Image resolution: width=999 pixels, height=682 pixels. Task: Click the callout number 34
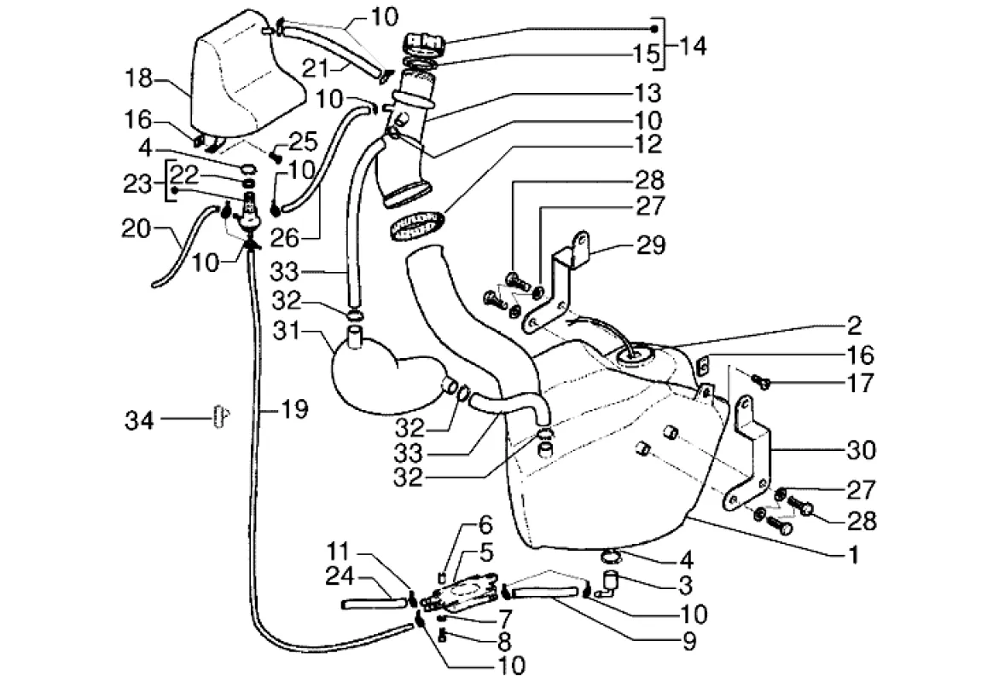[139, 419]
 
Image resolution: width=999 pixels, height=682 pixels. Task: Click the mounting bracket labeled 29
[563, 273]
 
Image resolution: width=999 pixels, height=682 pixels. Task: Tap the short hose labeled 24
[372, 604]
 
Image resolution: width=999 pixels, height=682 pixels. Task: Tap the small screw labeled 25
[276, 155]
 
